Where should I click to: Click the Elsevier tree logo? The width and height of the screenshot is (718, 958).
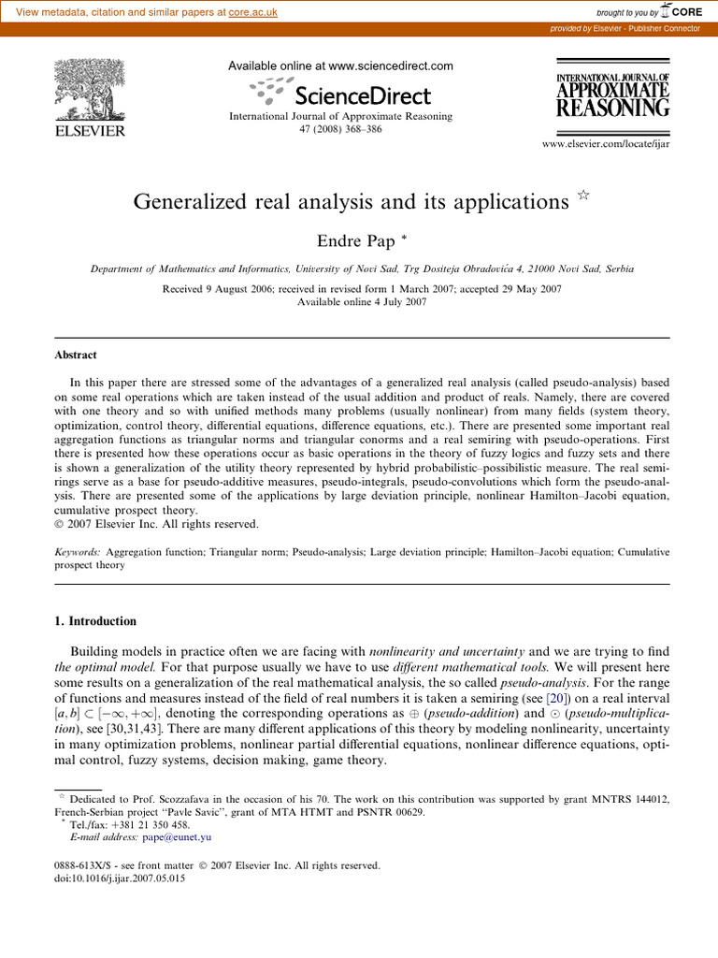click(90, 93)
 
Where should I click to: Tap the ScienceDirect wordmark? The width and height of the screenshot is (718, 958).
click(362, 95)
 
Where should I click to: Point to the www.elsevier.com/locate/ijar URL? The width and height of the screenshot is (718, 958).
click(606, 143)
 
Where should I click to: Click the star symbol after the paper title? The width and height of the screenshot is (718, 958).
click(583, 196)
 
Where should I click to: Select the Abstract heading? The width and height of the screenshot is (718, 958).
click(74, 356)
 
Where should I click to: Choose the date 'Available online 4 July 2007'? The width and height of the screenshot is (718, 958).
click(361, 302)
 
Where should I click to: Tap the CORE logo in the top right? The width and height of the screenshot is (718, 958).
click(680, 10)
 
